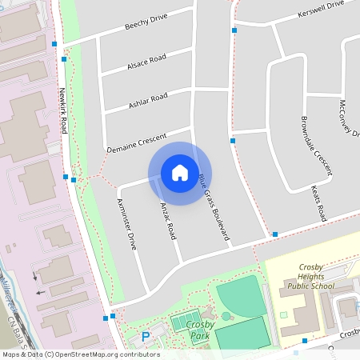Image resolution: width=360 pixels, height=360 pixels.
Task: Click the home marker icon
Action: pyautogui.click(x=180, y=173)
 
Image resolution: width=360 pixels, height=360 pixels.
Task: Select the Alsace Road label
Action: pyautogui.click(x=146, y=63)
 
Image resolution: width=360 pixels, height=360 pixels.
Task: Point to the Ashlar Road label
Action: pyautogui.click(x=148, y=101)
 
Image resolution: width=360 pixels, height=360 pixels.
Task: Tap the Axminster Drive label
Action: pyautogui.click(x=126, y=223)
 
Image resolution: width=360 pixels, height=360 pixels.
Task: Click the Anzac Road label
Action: pyautogui.click(x=166, y=219)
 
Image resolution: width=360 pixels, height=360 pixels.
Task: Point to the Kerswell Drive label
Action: pyautogui.click(x=319, y=9)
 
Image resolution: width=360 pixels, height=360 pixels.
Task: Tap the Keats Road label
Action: pyautogui.click(x=318, y=203)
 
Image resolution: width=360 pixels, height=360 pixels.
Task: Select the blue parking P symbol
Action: pyautogui.click(x=145, y=337)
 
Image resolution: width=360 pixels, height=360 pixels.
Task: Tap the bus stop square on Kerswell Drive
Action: pyautogui.click(x=234, y=30)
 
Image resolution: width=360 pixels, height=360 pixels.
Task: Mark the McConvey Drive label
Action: pyautogui.click(x=347, y=118)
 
